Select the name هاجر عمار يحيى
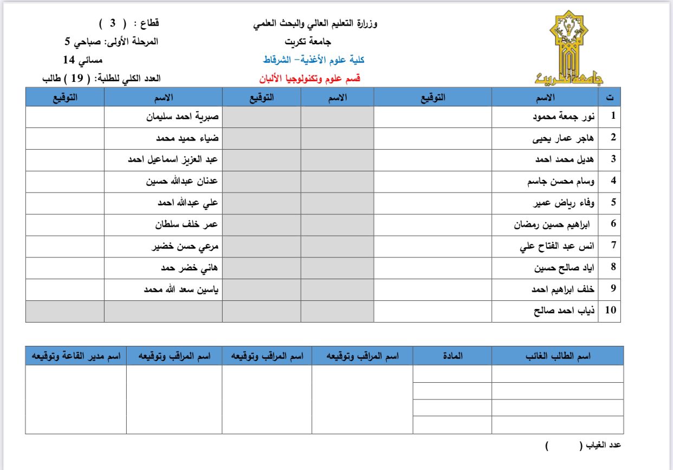tap(564, 138)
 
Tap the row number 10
tap(611, 311)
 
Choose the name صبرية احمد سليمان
tap(182, 116)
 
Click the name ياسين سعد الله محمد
tap(180, 289)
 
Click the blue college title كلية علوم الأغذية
tap(314, 60)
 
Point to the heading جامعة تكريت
tap(308, 41)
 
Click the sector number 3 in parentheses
tap(113, 23)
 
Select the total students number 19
tap(77, 78)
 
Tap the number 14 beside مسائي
tap(69, 60)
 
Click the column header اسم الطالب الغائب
tap(558, 356)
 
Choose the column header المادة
tap(452, 356)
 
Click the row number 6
tap(613, 224)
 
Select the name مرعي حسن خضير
tap(184, 246)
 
